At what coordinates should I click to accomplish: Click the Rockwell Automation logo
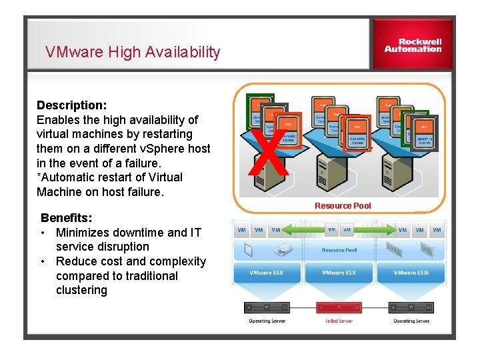tap(413, 45)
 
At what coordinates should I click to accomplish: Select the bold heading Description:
tap(72, 105)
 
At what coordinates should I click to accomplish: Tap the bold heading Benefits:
tap(67, 218)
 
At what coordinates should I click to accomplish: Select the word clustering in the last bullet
tap(81, 290)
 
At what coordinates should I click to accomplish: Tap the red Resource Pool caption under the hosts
tap(343, 206)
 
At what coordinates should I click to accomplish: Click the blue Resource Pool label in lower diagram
tap(339, 250)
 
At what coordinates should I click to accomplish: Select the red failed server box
tap(339, 308)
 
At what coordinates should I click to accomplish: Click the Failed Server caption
tap(339, 321)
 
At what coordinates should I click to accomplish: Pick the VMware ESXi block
tap(411, 273)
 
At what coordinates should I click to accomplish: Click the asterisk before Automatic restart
tap(39, 177)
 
